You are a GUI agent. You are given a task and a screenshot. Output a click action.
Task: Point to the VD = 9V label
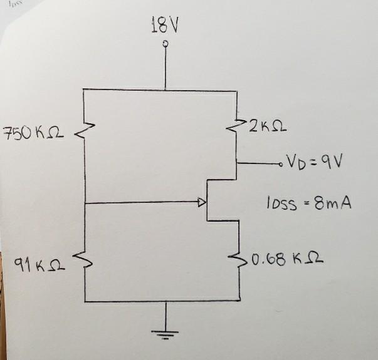(314, 165)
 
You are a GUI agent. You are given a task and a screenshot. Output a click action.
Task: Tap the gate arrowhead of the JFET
(201, 203)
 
